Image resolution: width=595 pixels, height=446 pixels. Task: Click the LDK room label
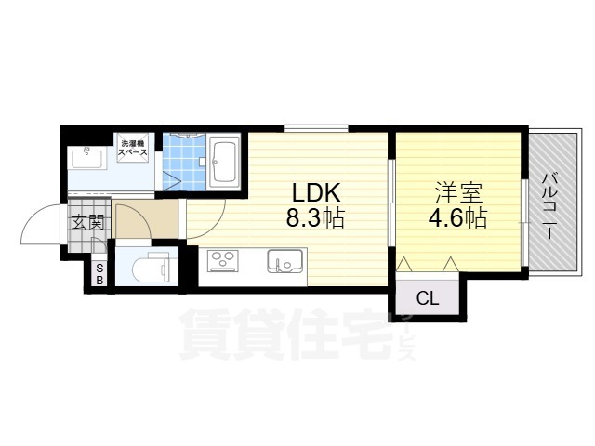(315, 192)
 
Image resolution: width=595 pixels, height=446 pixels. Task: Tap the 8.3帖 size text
(315, 218)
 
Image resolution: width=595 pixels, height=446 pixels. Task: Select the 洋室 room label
(458, 193)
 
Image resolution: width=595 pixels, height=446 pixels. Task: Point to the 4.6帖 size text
(457, 218)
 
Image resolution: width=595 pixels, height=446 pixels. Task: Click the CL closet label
(428, 298)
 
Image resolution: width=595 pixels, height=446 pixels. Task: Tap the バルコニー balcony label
(550, 206)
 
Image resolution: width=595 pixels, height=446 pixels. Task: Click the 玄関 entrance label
(87, 222)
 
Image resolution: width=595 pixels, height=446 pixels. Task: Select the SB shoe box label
(99, 274)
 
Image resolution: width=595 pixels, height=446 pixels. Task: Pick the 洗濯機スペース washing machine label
(132, 148)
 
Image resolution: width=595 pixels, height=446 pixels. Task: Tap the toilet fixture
(155, 268)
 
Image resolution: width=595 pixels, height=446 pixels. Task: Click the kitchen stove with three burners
(223, 261)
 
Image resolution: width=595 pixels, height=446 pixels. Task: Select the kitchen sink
(285, 261)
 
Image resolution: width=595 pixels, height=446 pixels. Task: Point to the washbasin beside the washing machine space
(86, 159)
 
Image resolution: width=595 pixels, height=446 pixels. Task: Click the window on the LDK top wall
(316, 128)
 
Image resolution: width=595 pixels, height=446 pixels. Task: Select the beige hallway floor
(146, 219)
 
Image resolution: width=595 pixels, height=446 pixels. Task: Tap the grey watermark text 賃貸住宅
(285, 334)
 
